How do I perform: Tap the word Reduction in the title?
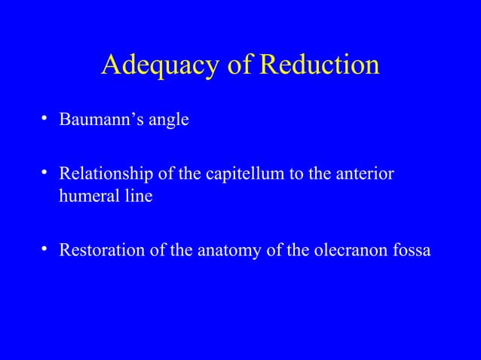319,66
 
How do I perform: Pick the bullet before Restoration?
46,249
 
